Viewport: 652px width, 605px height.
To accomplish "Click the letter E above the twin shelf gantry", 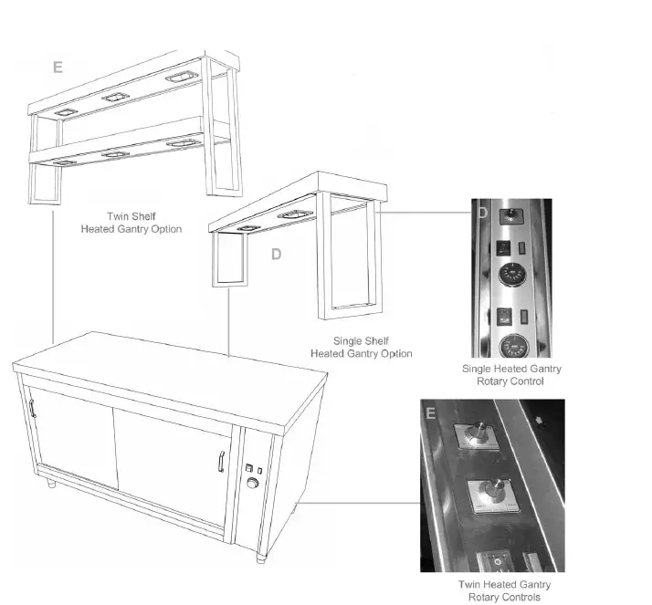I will point(58,68).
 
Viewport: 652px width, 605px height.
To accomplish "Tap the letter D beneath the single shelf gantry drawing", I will point(276,255).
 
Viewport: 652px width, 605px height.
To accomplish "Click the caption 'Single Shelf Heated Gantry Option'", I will point(361,347).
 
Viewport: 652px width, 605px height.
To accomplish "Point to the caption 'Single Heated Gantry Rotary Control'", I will point(511,375).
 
